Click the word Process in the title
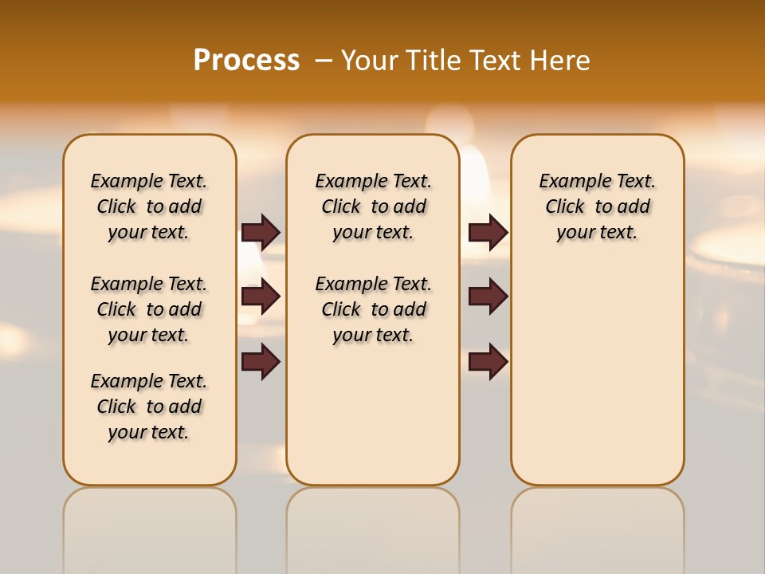pos(246,60)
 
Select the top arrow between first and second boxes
pos(261,232)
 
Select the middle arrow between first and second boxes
pos(261,297)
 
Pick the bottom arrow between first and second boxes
pos(261,361)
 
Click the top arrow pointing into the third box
pos(488,232)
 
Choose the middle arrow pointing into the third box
pos(488,297)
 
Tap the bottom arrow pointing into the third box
pos(488,361)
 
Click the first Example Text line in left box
pos(149,181)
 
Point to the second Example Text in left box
pos(149,284)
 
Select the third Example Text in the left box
pos(149,381)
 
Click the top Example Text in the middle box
pos(373,181)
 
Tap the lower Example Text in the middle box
pos(373,284)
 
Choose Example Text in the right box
pos(597,181)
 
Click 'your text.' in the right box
pos(597,233)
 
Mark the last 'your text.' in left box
pos(149,433)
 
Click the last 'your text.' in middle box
pos(373,336)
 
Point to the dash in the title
pos(324,61)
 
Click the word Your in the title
pos(371,61)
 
